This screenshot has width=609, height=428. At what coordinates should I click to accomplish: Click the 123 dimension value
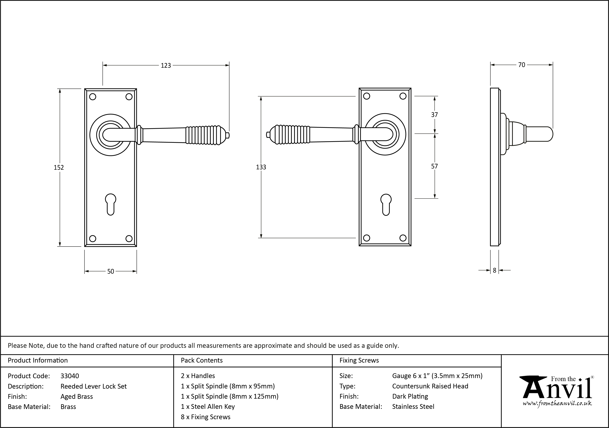[x=166, y=65]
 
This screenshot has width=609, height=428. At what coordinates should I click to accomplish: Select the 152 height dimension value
[x=59, y=167]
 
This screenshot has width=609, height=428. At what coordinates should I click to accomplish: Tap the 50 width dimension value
[x=111, y=271]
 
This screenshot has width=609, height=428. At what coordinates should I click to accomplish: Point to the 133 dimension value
[x=261, y=167]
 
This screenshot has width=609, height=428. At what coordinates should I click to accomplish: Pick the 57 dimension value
[x=434, y=166]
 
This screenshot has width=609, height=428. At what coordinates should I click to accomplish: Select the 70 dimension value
[x=521, y=65]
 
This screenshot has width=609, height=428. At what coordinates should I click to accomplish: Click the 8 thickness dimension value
[x=494, y=270]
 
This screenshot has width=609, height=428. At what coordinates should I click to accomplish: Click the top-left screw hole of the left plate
[x=93, y=97]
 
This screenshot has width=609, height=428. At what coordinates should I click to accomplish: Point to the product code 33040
[x=70, y=376]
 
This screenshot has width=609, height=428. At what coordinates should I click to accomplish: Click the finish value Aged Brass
[x=77, y=397]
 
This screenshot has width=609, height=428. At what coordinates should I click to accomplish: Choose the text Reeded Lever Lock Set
[x=94, y=386]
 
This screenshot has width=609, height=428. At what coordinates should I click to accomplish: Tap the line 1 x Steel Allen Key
[x=208, y=407]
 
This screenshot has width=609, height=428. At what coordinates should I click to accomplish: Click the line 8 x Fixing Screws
[x=206, y=417]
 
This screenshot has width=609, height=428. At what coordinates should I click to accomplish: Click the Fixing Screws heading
[x=359, y=360]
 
